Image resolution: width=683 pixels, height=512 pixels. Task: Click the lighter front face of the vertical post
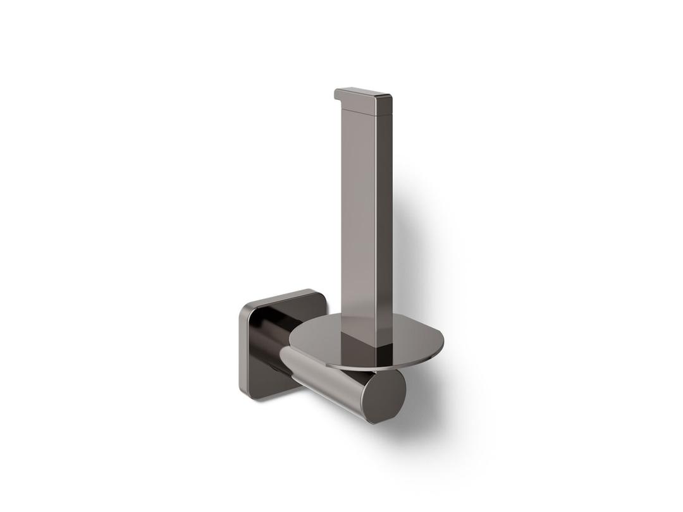pos(357,215)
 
